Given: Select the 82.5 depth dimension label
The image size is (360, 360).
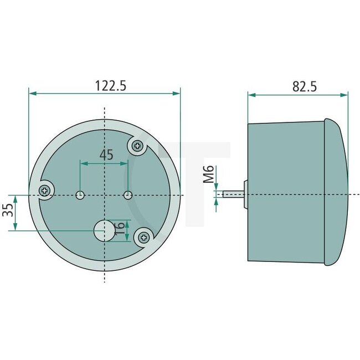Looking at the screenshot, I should pos(304,86).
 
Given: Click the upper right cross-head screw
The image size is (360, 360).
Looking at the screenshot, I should pos(137,146).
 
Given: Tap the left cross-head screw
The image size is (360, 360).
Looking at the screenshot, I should pos(44,191).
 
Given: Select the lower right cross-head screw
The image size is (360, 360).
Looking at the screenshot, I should pos(143,237).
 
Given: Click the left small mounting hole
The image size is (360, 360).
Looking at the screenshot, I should pos(80,195).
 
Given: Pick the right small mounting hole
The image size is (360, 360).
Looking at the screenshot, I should pos(128,195).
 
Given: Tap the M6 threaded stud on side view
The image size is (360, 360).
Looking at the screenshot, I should pos(233,194).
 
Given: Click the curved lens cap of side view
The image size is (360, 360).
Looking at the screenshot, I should pos(337,191).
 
